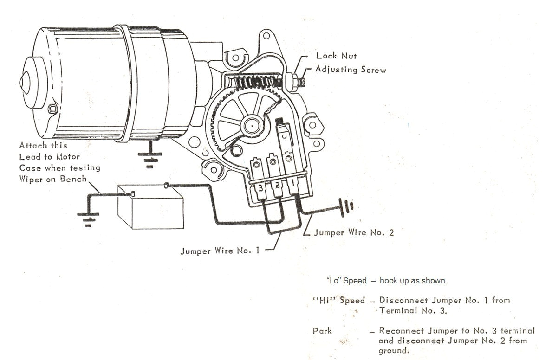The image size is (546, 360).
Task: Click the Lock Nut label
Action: click(x=336, y=56)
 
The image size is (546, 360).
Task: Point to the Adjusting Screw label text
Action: click(x=351, y=70)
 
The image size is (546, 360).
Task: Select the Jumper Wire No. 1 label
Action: click(x=220, y=251)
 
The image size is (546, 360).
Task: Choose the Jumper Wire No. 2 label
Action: click(x=354, y=232)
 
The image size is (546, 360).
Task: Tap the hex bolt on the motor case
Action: click(x=52, y=109)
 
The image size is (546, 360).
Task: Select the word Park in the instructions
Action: click(x=322, y=331)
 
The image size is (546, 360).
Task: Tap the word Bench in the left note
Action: click(x=73, y=179)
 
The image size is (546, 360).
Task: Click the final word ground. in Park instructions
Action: click(x=394, y=351)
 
